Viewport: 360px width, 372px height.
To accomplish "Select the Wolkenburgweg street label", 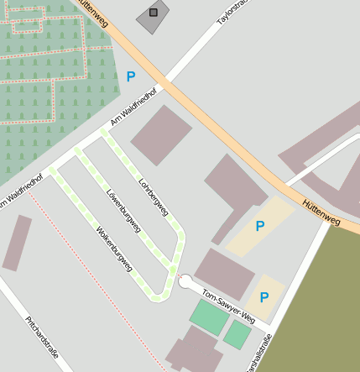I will [113, 248].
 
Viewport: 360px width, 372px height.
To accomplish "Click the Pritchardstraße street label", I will [42, 337].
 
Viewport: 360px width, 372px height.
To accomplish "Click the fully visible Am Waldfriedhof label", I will [134, 108].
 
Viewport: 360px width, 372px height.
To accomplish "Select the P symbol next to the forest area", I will [130, 76].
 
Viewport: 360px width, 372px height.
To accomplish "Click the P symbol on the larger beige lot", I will [260, 226].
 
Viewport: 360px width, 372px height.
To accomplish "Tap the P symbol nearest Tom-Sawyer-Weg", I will [264, 297].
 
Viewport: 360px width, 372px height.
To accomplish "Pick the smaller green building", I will [237, 336].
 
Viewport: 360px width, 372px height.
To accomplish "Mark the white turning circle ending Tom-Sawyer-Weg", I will [185, 282].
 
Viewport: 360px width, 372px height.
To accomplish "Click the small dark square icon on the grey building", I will [153, 13].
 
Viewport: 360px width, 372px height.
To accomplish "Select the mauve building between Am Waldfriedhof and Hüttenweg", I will [162, 134].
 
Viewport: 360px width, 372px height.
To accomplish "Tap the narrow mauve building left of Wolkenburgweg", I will [17, 243].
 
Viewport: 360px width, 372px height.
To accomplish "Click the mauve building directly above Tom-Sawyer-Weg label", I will [224, 274].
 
